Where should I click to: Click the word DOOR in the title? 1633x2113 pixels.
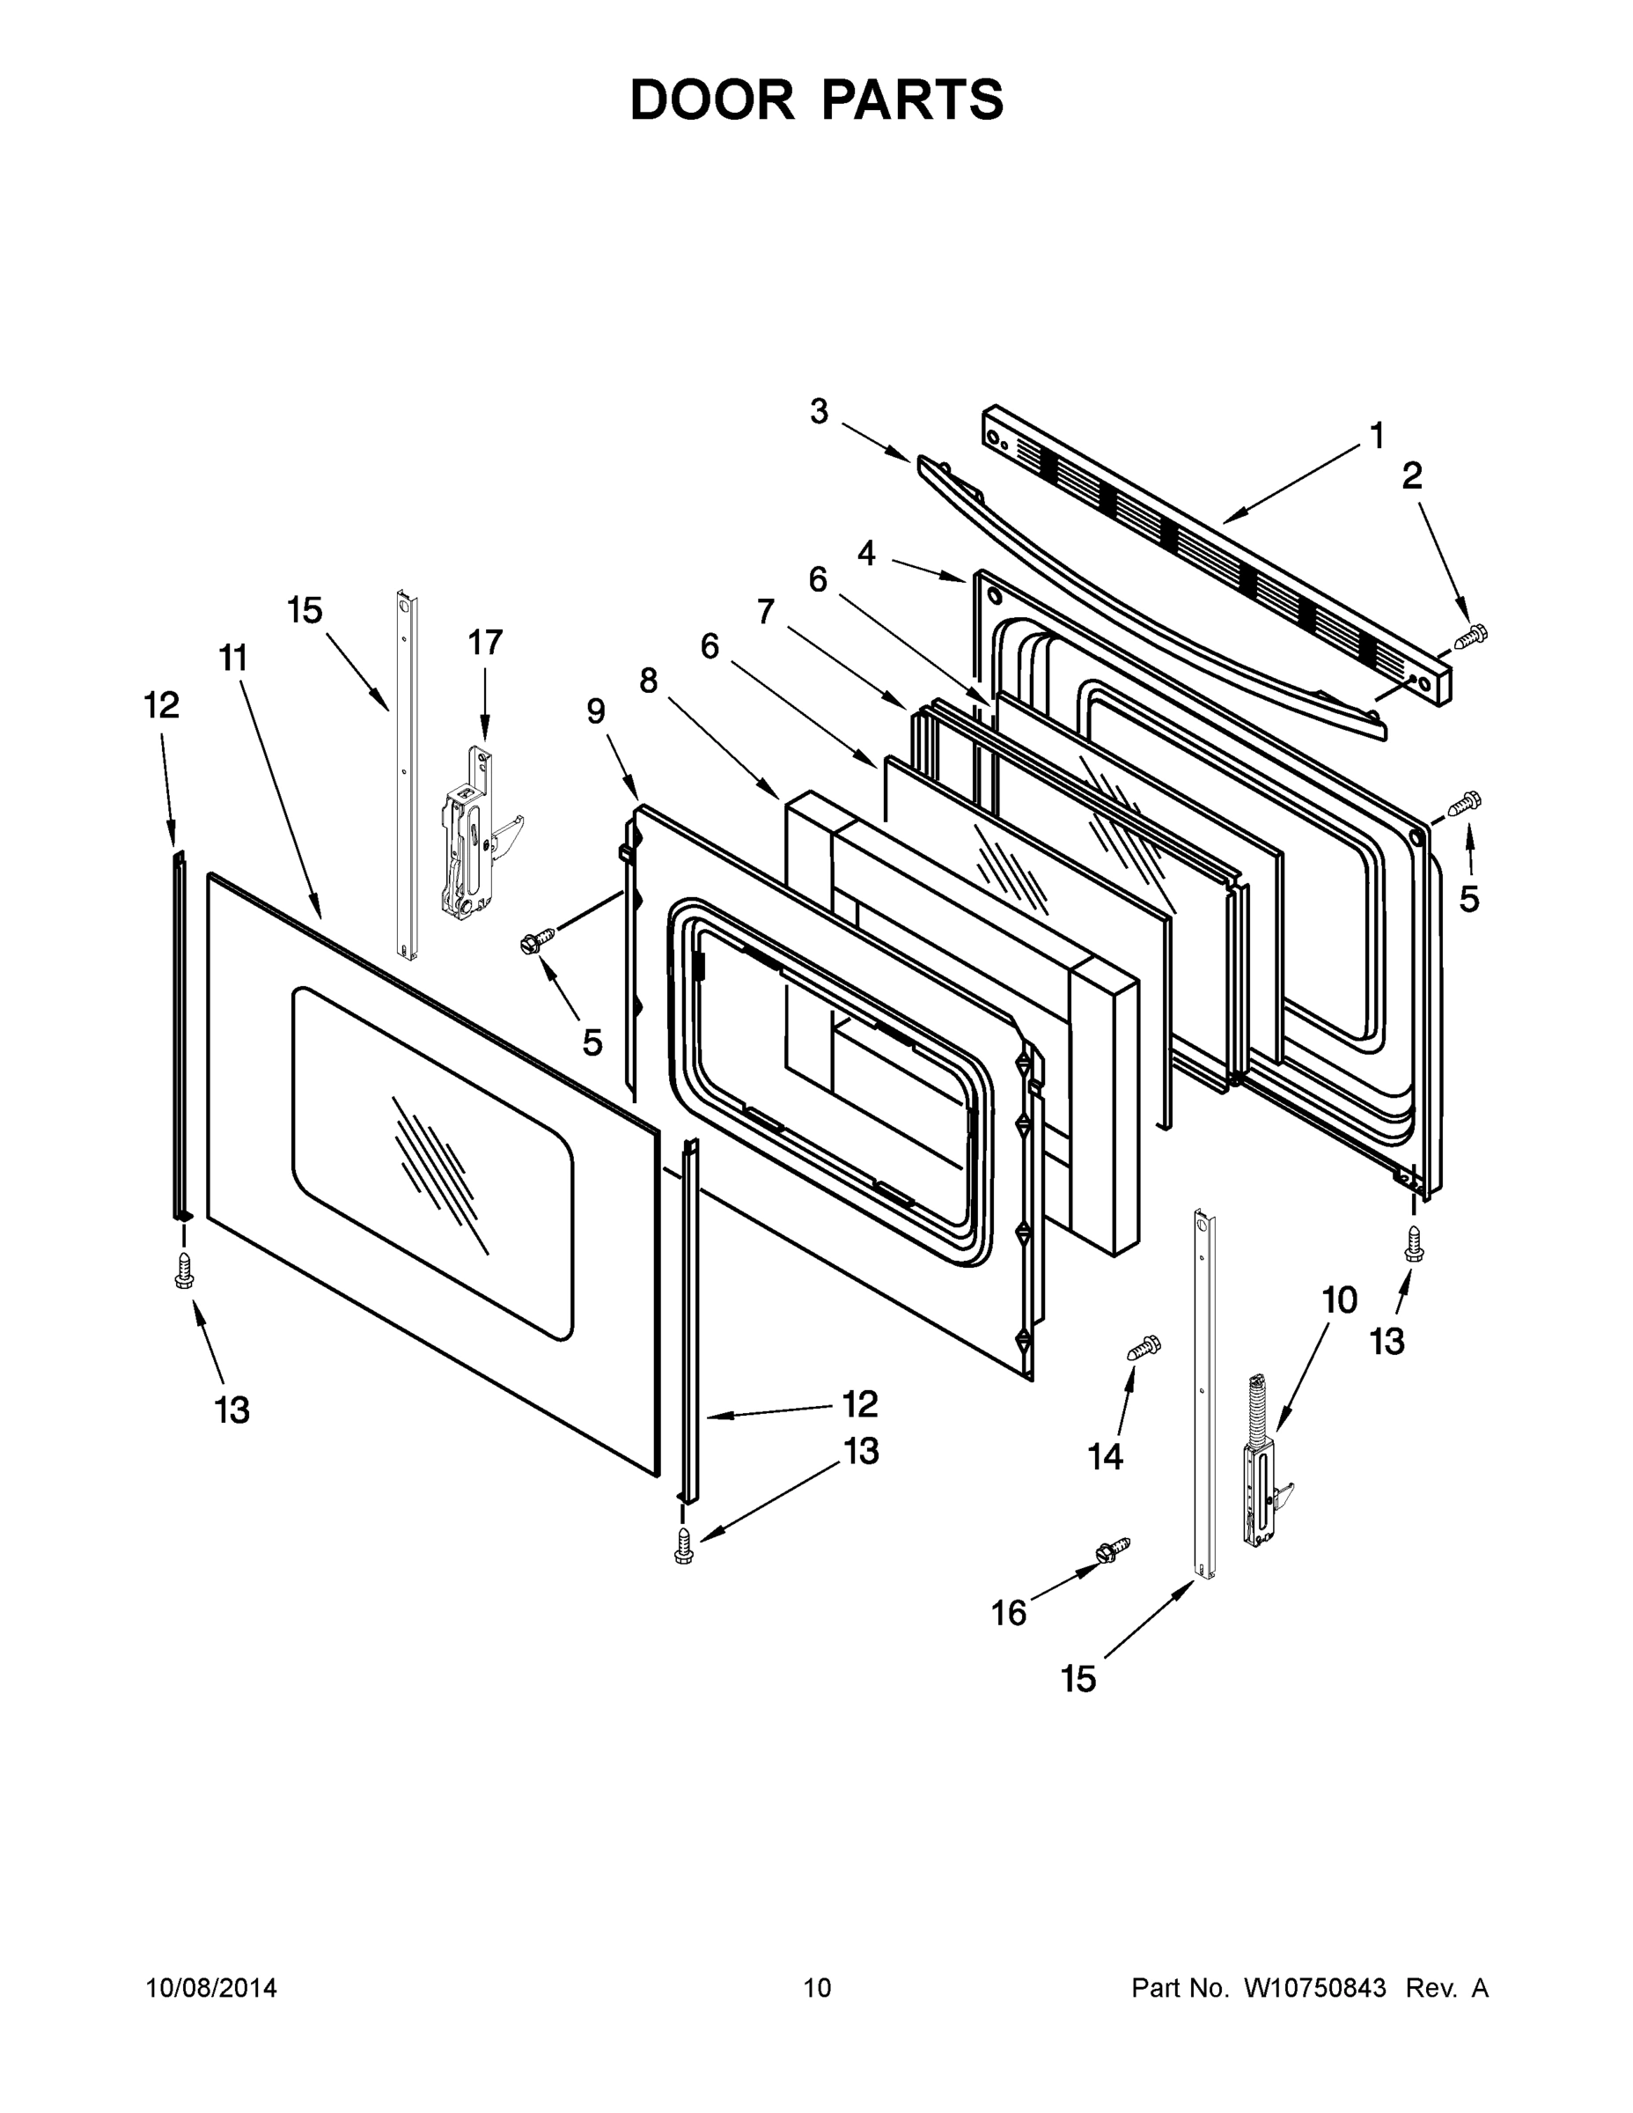712,99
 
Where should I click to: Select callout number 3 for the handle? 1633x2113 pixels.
819,411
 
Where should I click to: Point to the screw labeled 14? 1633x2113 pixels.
1144,1347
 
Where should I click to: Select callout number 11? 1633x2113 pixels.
233,659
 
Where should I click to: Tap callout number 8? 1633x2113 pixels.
648,681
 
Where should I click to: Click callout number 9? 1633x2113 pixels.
596,711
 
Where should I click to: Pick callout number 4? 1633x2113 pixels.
866,554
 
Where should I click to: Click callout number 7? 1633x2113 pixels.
765,612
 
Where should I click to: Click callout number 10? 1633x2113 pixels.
1339,1301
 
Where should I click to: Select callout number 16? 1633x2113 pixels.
1008,1613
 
